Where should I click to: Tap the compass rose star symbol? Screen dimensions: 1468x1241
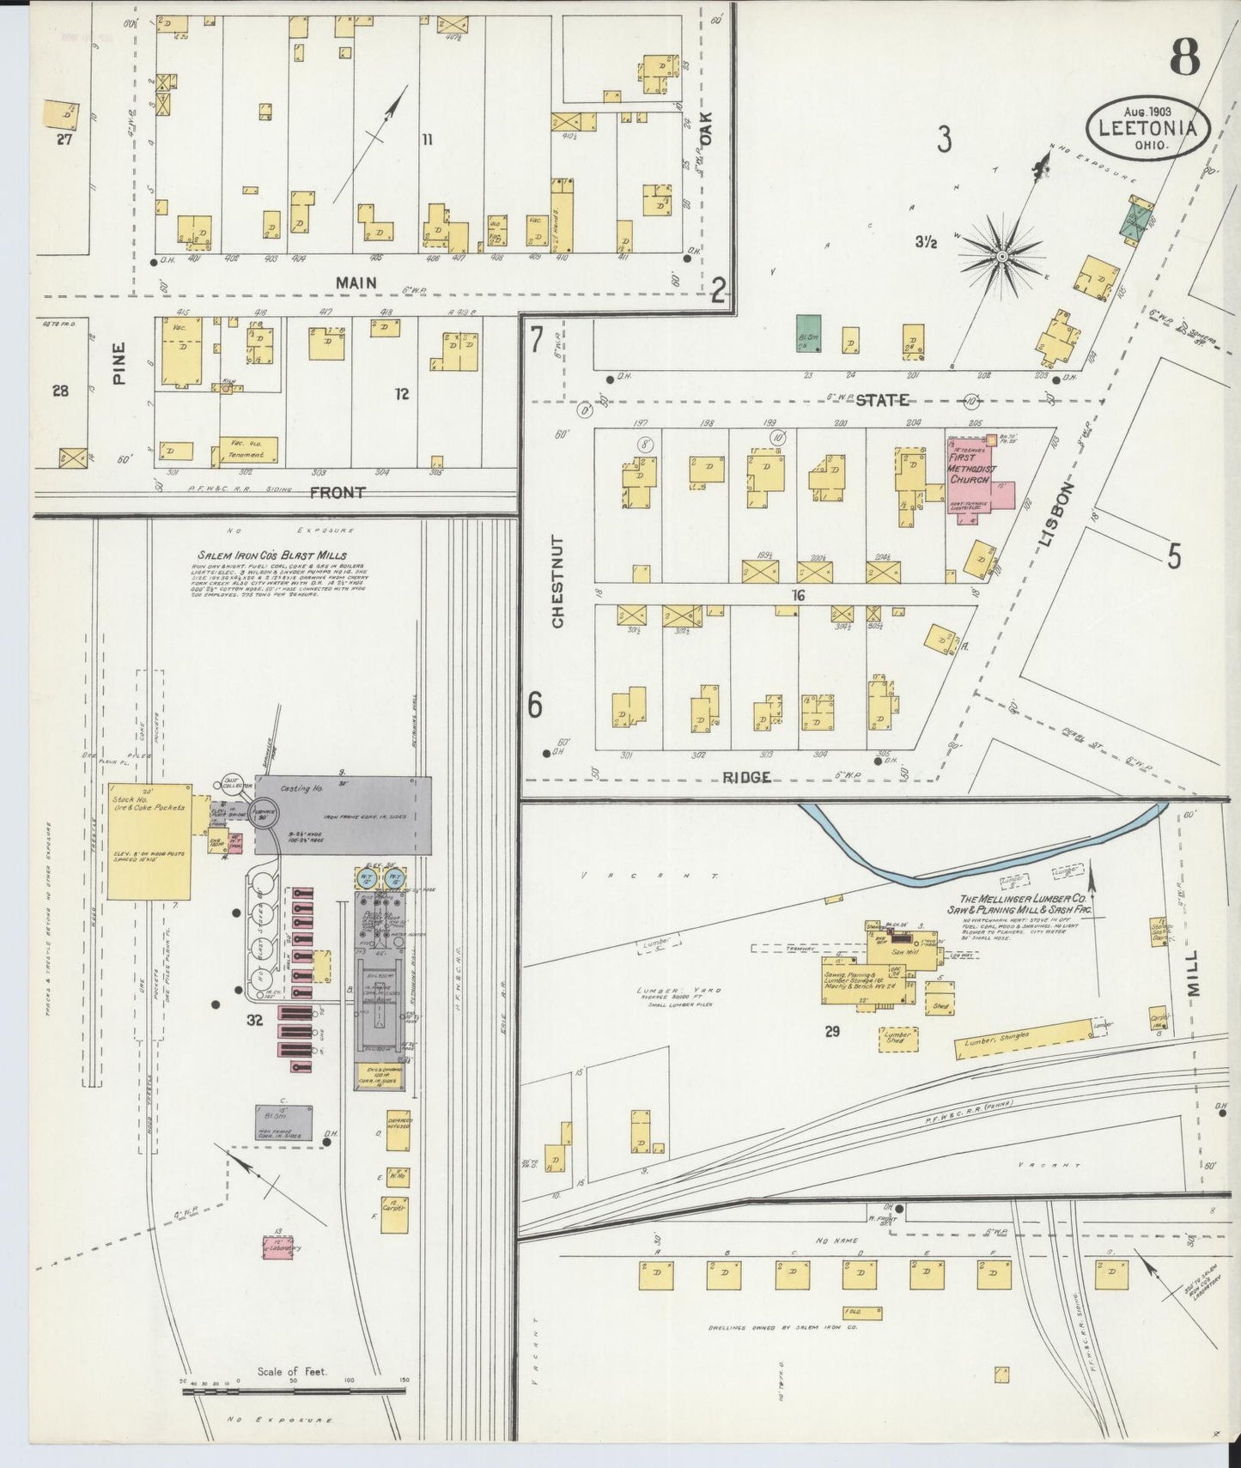pos(1002,255)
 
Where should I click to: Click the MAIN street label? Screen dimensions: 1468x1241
pos(356,282)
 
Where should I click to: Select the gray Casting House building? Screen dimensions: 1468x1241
pos(344,816)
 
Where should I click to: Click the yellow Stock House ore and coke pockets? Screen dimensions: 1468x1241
pos(149,840)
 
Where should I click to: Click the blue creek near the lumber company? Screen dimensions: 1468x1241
pos(945,867)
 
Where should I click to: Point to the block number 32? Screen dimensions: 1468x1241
pos(254,1020)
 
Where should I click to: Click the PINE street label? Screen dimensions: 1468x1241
pos(119,363)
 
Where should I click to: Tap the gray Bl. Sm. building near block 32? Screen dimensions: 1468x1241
pos(283,1122)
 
